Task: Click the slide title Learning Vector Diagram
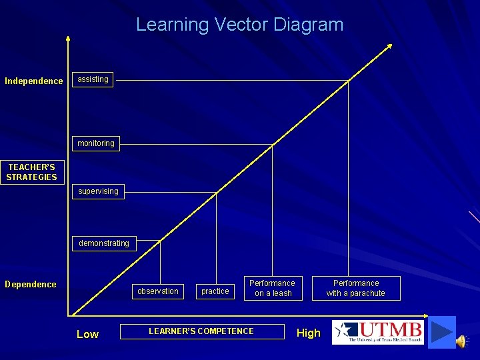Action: tap(239, 25)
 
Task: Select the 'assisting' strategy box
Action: tap(93, 79)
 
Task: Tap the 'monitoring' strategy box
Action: tap(95, 143)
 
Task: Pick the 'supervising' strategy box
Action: tap(98, 191)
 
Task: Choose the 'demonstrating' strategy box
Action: tap(104, 243)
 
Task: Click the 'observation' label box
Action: tap(157, 291)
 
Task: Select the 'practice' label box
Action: tap(215, 291)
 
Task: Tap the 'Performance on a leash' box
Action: tap(272, 288)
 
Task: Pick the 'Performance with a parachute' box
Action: tap(356, 288)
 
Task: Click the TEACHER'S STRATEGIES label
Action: tap(31, 172)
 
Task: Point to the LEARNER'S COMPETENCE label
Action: tap(201, 331)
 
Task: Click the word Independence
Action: tap(34, 81)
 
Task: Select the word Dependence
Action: tap(31, 285)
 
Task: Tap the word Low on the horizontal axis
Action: tap(87, 334)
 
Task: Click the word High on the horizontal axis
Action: tap(308, 333)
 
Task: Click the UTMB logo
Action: tap(378, 332)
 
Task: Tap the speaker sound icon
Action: tap(461, 341)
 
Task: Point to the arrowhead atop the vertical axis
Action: tap(68, 38)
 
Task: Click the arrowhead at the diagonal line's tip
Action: tap(389, 47)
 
